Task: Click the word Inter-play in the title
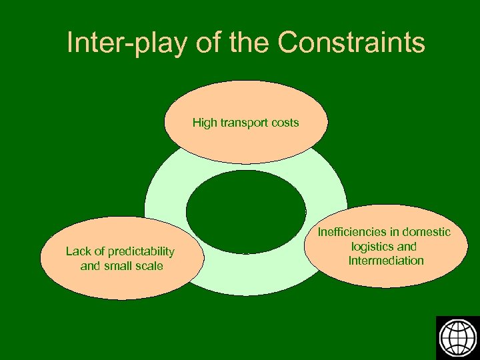tap(127, 43)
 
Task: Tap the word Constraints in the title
tap(351, 43)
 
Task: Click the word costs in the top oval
tap(285, 123)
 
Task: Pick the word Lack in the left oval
tap(77, 251)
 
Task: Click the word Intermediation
tap(386, 261)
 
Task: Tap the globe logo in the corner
tap(457, 337)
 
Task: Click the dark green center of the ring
tap(245, 211)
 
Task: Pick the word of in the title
tap(209, 43)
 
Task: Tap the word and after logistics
tap(407, 247)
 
